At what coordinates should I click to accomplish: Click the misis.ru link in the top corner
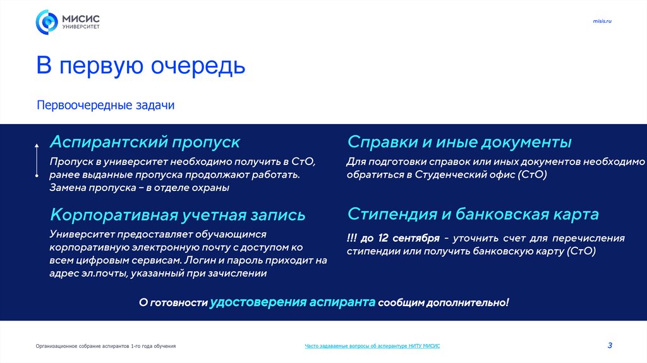602,22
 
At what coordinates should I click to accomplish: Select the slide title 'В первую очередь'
140,66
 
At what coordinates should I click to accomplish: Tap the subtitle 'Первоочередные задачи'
105,105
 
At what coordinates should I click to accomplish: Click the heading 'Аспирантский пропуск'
145,141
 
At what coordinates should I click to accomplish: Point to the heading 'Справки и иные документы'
459,141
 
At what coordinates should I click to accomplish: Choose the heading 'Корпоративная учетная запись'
178,214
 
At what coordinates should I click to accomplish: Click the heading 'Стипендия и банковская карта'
473,214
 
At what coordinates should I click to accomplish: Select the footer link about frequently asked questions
372,346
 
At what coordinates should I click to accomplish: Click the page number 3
610,345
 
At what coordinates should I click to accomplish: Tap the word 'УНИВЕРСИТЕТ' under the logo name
80,27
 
